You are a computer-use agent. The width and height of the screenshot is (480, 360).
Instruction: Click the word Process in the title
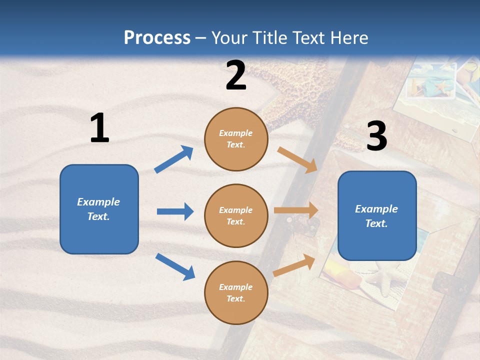(157, 38)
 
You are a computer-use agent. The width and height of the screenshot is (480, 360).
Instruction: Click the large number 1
(99, 128)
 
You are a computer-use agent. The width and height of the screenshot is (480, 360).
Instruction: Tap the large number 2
(236, 75)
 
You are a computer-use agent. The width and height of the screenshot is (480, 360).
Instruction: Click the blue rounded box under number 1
(99, 209)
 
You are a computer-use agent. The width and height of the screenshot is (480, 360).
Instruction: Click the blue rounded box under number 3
(377, 215)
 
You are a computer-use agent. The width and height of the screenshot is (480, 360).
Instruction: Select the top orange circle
(236, 139)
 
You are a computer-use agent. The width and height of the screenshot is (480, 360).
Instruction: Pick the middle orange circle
(236, 215)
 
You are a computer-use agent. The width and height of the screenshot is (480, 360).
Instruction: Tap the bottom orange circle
(236, 292)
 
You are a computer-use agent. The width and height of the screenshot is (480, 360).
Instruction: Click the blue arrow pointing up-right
(173, 159)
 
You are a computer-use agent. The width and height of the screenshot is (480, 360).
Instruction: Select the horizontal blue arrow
(175, 211)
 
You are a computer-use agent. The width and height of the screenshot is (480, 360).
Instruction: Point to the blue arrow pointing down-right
(175, 266)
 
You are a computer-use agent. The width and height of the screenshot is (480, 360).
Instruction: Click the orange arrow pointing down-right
(297, 159)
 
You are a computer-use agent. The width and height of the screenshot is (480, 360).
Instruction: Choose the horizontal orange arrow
(296, 210)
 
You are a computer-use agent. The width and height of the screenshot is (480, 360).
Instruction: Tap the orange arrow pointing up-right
(294, 265)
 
